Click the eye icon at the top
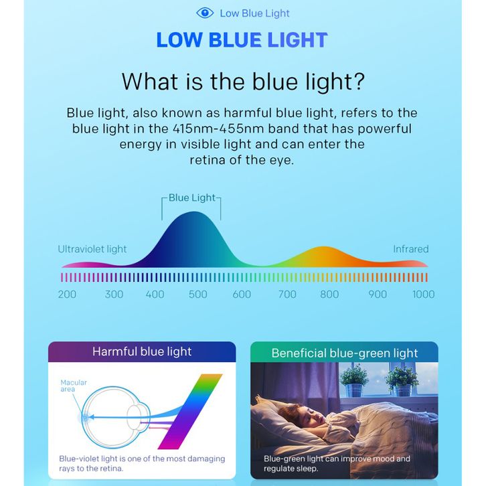[205, 13]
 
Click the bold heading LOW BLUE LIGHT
[242, 40]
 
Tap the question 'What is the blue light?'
[243, 82]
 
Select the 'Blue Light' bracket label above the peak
[192, 197]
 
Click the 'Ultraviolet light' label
[92, 249]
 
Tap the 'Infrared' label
[410, 249]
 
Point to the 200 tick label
[67, 294]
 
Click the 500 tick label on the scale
[197, 294]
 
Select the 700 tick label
[287, 294]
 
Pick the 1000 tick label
[423, 294]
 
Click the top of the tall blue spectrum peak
[194, 212]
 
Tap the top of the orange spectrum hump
[323, 247]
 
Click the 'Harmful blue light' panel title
[142, 351]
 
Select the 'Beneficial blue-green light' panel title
[345, 353]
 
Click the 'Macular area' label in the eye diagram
[74, 386]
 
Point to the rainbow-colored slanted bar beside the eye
[190, 411]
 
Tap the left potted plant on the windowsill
[353, 380]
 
